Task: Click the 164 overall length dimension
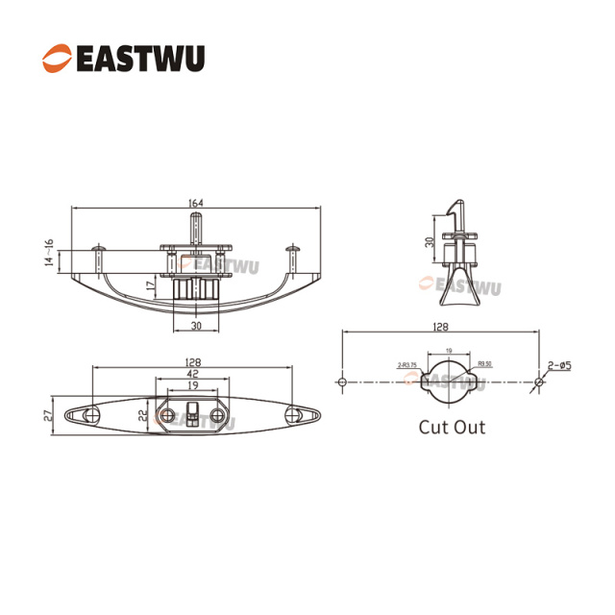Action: click(x=197, y=203)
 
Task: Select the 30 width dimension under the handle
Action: click(x=197, y=327)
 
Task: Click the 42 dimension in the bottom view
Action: click(x=194, y=374)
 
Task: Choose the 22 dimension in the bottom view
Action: click(x=143, y=414)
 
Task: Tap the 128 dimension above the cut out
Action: click(x=439, y=327)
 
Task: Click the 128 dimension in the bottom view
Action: click(x=194, y=362)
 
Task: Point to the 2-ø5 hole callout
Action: click(x=559, y=365)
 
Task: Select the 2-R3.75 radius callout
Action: click(x=406, y=365)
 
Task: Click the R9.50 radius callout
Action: click(x=484, y=365)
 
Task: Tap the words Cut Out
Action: click(x=452, y=427)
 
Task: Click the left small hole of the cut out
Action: click(x=342, y=382)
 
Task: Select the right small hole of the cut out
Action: click(x=538, y=382)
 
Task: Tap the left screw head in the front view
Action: click(x=99, y=249)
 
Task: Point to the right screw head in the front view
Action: click(x=294, y=249)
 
